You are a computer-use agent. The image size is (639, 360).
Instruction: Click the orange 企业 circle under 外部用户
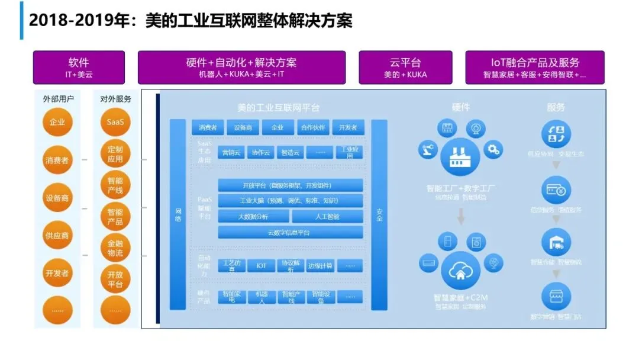pos(57,123)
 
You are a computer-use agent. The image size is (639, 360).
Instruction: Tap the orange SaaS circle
pos(115,123)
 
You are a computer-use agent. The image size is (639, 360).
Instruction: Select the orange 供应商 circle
pos(57,235)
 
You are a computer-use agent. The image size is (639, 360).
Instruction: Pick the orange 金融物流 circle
pos(115,248)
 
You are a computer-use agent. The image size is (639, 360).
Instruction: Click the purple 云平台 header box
pos(405,67)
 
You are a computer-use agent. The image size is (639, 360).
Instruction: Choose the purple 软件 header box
pos(79,67)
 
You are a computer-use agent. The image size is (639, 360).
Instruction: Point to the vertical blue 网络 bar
pos(178,215)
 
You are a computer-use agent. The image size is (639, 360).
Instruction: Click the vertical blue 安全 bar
pos(379,215)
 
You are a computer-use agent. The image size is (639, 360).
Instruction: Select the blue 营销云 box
pos(230,152)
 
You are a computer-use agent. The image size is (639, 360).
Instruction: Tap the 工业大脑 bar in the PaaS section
pos(291,201)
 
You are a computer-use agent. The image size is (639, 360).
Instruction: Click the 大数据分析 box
pos(253,217)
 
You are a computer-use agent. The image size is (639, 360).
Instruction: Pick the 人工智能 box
pos(327,217)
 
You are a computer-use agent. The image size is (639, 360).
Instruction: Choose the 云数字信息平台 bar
pos(291,233)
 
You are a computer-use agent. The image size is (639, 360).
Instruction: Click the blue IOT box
pos(261,266)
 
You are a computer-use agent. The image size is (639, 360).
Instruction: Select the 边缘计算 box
pos(320,266)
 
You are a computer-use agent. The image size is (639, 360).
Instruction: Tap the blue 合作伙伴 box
pos(314,127)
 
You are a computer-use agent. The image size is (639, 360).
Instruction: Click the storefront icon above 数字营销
pos(556,296)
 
